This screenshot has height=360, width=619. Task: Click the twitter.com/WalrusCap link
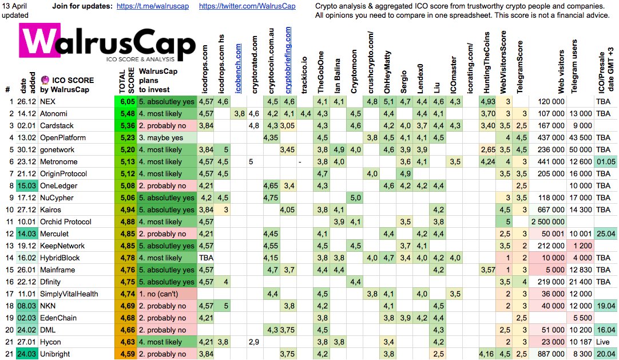(247, 6)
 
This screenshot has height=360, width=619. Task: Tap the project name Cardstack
(57, 126)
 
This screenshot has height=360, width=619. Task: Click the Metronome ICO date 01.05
(605, 162)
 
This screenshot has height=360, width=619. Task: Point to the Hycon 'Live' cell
(605, 342)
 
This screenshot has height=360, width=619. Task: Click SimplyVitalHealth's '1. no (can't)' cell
(166, 294)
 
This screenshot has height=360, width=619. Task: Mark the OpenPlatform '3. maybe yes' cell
(166, 138)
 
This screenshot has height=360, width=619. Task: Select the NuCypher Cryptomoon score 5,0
(355, 198)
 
